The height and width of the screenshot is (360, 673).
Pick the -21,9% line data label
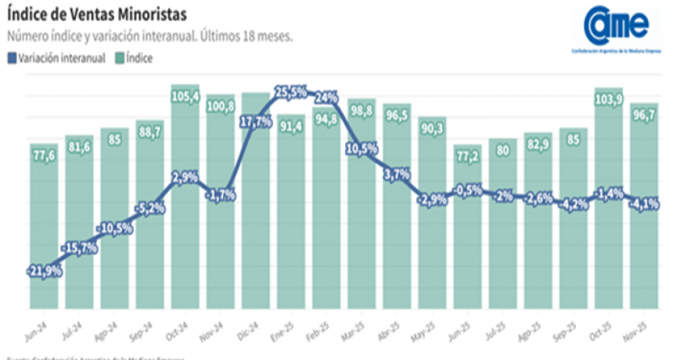[44, 271]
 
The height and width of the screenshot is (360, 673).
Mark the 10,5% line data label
[362, 148]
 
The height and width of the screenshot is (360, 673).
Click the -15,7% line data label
[80, 248]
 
